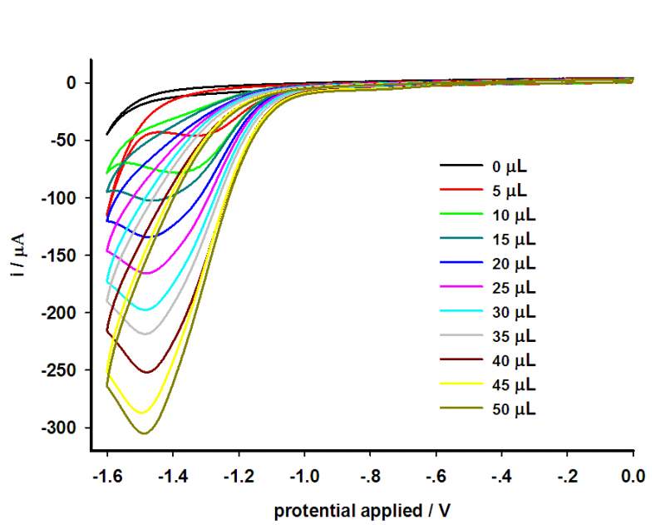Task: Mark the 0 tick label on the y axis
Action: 71,83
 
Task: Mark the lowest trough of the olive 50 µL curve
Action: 144,433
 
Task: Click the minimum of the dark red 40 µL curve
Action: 147,372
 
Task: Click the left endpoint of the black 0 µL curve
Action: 106,134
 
